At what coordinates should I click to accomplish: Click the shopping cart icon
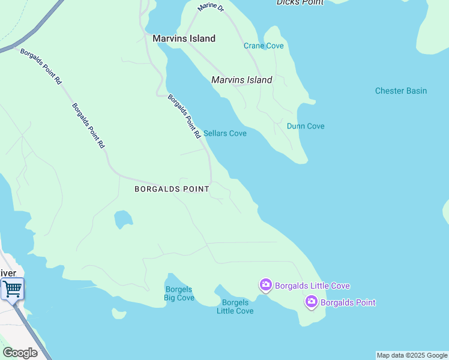(12, 289)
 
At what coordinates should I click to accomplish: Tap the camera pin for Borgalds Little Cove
(265, 285)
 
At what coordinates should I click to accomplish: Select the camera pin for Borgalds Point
(311, 302)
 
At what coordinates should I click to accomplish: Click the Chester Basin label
(401, 91)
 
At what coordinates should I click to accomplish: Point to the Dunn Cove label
(306, 126)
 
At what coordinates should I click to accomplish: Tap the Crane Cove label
(264, 46)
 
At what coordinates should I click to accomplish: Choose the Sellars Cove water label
(225, 133)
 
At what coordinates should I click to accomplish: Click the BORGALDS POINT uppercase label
(172, 189)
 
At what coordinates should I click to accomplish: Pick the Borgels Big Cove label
(179, 293)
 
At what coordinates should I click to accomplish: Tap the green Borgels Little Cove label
(235, 307)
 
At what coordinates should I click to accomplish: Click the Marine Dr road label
(212, 7)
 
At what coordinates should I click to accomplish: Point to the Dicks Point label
(300, 2)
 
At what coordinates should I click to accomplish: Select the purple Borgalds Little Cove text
(312, 286)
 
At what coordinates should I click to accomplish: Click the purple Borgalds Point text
(348, 302)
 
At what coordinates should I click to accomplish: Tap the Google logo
(20, 353)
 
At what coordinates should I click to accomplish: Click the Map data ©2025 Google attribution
(412, 355)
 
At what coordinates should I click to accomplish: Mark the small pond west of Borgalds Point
(123, 219)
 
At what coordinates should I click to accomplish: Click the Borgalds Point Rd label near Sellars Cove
(184, 116)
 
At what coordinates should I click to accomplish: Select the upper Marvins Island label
(184, 38)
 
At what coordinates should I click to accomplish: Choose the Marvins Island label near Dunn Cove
(242, 80)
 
